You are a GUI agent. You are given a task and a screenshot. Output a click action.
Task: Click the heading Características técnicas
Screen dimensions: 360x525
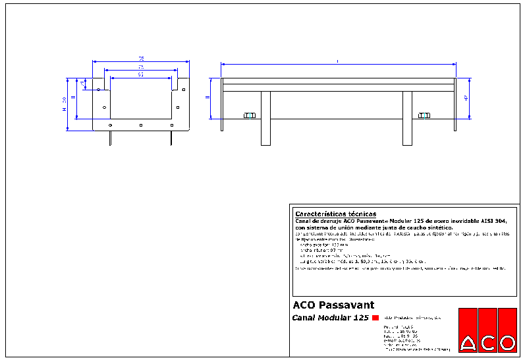click(x=335, y=214)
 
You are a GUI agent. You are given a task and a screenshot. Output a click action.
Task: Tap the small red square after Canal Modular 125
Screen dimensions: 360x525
click(x=375, y=318)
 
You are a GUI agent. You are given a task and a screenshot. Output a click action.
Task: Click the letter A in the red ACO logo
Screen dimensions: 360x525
click(x=468, y=343)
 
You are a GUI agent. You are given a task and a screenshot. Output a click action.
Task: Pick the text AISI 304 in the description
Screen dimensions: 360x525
click(x=493, y=221)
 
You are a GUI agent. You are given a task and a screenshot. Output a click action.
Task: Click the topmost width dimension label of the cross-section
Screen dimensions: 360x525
click(x=141, y=59)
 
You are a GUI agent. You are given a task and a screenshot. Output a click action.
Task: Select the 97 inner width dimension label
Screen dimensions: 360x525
click(x=141, y=75)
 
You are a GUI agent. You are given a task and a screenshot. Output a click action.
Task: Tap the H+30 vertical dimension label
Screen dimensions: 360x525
click(x=64, y=104)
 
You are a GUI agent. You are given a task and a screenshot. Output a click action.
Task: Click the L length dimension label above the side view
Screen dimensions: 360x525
click(x=338, y=61)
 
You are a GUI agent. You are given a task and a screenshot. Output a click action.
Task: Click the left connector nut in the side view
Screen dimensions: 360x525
click(x=249, y=116)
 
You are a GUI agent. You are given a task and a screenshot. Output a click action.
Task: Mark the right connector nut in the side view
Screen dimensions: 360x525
click(x=424, y=116)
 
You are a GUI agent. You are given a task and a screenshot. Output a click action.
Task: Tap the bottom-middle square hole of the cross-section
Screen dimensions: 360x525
click(x=141, y=125)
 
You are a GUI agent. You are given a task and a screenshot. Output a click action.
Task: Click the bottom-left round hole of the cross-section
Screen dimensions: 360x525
click(x=111, y=125)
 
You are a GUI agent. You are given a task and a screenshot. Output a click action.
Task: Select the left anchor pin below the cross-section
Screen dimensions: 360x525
click(x=110, y=137)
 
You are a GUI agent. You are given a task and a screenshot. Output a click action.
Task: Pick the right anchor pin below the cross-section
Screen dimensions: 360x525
click(x=172, y=137)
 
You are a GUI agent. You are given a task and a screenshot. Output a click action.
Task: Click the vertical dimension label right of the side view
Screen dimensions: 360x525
click(x=466, y=98)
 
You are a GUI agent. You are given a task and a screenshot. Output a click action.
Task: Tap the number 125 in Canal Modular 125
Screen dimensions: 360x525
click(x=360, y=318)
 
